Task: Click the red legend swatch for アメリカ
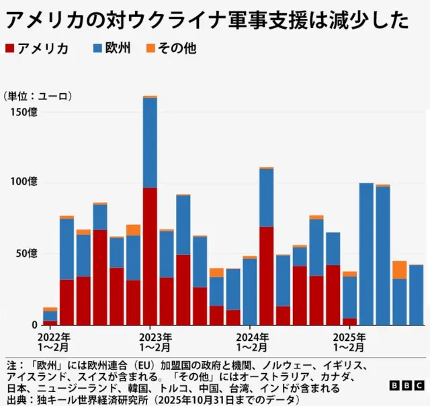click(9, 48)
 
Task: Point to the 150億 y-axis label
click(24, 111)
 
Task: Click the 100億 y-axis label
click(24, 183)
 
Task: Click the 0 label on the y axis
click(34, 324)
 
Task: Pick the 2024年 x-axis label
click(253, 337)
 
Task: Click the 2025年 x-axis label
click(349, 337)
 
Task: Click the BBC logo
click(406, 386)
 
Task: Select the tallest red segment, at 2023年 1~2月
click(150, 256)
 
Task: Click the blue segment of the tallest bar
click(150, 143)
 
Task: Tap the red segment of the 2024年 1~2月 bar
click(266, 275)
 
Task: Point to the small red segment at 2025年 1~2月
click(349, 321)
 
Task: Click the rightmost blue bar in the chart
click(416, 295)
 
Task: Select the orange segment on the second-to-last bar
click(399, 270)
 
